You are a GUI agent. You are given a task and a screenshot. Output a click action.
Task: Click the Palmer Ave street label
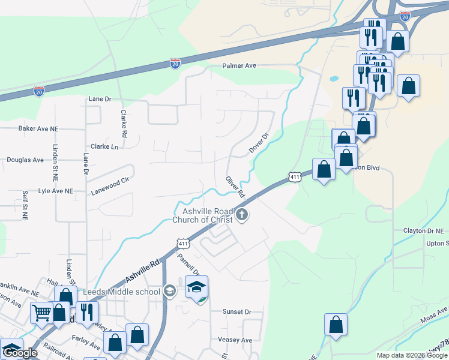(x=239, y=65)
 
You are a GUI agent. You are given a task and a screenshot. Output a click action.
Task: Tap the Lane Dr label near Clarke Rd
(x=100, y=98)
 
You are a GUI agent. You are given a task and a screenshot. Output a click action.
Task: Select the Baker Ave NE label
(x=38, y=128)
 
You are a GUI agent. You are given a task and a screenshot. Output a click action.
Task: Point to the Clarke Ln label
(x=104, y=146)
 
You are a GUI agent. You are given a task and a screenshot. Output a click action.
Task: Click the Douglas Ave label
(x=25, y=160)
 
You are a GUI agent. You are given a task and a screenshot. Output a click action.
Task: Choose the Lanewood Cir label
(x=110, y=179)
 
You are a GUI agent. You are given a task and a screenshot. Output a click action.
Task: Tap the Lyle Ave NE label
(x=55, y=191)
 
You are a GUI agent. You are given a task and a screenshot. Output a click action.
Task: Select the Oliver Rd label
(x=235, y=187)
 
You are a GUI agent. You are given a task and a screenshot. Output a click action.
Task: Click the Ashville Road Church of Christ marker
(x=242, y=215)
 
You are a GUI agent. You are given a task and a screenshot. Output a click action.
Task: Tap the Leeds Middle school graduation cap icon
(x=170, y=292)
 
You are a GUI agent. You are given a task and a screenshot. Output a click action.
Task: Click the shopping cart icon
(x=41, y=312)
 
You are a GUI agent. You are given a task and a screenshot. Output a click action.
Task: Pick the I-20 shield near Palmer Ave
(x=175, y=63)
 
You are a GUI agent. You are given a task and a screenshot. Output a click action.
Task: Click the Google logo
(x=19, y=353)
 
